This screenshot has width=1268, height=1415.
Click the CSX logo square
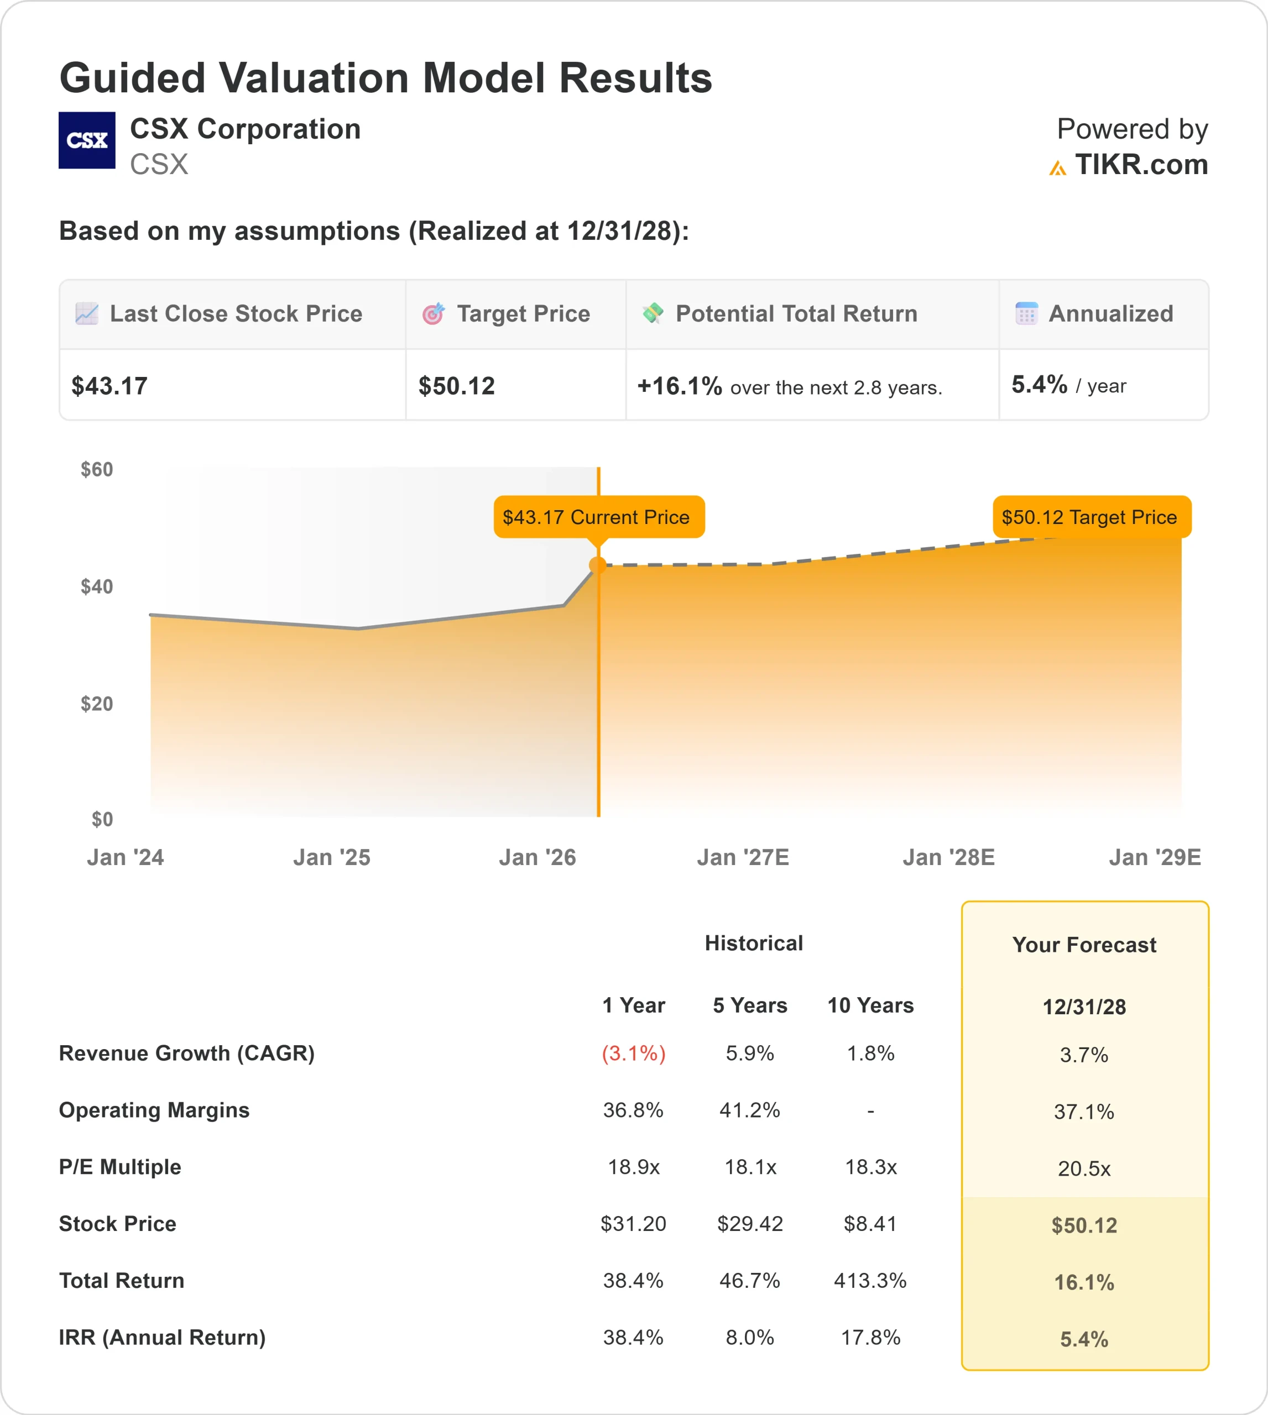click(x=87, y=140)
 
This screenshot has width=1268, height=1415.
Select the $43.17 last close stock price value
click(x=109, y=386)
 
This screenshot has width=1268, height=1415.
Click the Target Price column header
click(x=523, y=314)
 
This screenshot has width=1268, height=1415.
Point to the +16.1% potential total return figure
click(x=679, y=386)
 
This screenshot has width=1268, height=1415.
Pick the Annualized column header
click(x=1110, y=314)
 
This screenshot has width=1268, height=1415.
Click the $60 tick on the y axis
click(x=97, y=469)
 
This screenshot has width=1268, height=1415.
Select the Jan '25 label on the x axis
click(x=332, y=857)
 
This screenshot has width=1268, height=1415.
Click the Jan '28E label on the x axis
click(x=948, y=857)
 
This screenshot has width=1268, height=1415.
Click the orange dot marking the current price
click(x=598, y=565)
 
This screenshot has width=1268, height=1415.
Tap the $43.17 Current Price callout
click(x=598, y=517)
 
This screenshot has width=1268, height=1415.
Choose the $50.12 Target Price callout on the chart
click(x=1091, y=517)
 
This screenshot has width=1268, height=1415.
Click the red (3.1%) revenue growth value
click(x=633, y=1054)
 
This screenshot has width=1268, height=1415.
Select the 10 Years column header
click(x=870, y=1005)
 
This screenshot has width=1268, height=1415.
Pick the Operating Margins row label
click(x=154, y=1110)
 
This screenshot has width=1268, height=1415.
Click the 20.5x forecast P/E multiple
click(x=1084, y=1168)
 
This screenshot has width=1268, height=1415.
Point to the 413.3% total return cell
click(x=870, y=1281)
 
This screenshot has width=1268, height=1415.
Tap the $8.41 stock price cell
click(x=870, y=1224)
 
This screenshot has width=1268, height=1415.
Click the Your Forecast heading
click(x=1084, y=945)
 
